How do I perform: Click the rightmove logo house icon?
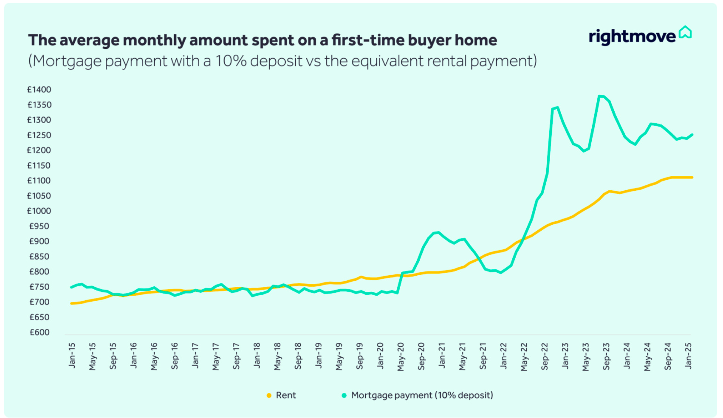(x=685, y=32)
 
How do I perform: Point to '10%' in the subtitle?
(x=231, y=61)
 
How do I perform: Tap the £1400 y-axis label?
(x=39, y=90)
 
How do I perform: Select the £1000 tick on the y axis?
(x=39, y=211)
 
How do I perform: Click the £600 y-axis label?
(x=40, y=333)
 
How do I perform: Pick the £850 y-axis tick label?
(x=40, y=257)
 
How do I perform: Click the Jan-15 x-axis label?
(x=72, y=356)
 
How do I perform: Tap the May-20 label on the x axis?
(x=401, y=357)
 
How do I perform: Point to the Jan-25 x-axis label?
(x=688, y=356)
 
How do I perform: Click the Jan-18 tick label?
(x=257, y=356)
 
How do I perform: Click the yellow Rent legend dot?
(x=269, y=395)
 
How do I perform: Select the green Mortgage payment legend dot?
(x=344, y=395)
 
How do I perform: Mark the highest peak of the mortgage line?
(x=599, y=96)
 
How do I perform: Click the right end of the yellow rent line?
(x=692, y=177)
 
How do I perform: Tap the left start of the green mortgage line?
(x=71, y=288)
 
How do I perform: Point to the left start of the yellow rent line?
(x=71, y=303)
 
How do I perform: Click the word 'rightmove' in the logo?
(x=632, y=37)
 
